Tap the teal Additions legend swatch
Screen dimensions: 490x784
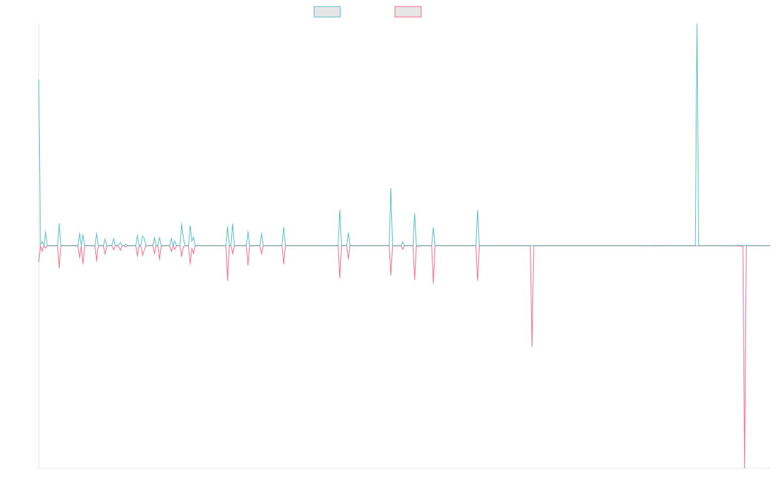pyautogui.click(x=327, y=12)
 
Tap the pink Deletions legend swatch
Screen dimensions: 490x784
pyautogui.click(x=408, y=12)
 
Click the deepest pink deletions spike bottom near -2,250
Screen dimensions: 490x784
pyautogui.click(x=745, y=466)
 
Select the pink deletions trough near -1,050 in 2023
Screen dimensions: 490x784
pyautogui.click(x=532, y=346)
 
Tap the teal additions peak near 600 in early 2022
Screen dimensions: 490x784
pyautogui.click(x=391, y=189)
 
